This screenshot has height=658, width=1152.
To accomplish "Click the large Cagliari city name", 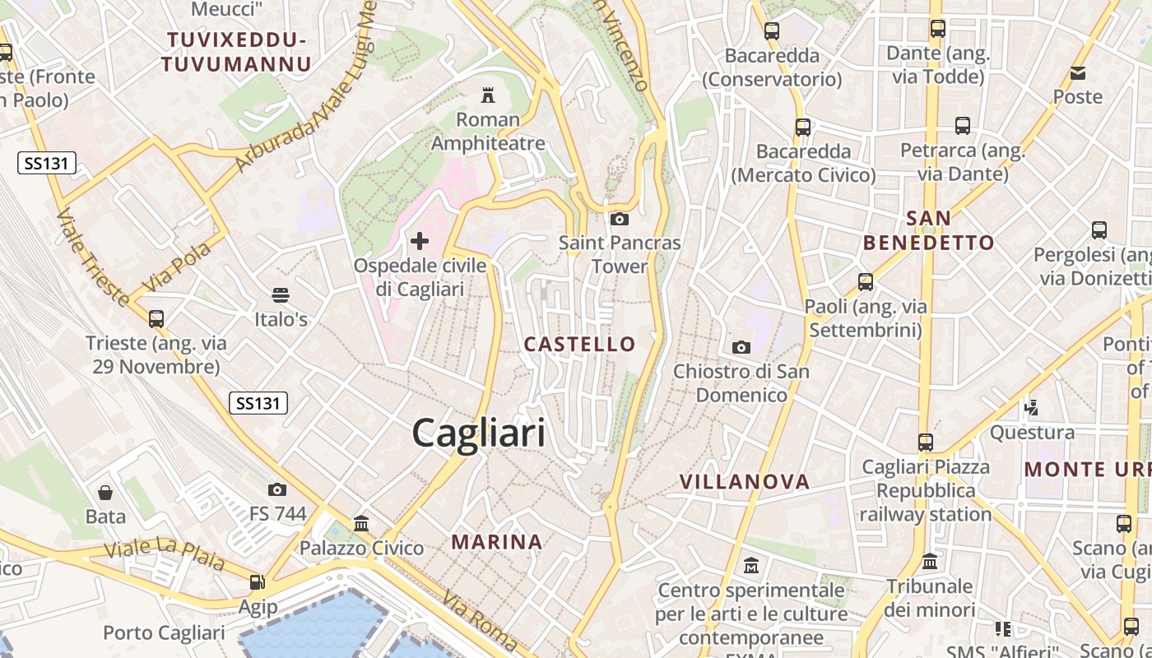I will coord(478,433).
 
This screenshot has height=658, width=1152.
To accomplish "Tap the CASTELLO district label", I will coord(580,345).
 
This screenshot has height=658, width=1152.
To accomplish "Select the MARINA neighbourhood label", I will coord(497,542).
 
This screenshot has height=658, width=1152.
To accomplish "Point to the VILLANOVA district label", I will coord(745,482).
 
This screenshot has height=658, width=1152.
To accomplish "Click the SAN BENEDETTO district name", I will coord(929,230).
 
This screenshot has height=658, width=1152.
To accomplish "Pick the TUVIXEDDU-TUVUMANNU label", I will coord(236,52).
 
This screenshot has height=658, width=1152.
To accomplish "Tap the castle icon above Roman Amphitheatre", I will coord(488,95).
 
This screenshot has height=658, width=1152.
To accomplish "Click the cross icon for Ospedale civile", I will coord(420,241).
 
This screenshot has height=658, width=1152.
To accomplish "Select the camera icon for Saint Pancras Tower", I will coord(620,219).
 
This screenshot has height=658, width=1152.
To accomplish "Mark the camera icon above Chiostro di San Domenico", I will coord(741,347).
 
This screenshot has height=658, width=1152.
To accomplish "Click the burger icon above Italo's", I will coord(281,294).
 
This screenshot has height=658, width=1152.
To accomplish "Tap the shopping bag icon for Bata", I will coord(105,493).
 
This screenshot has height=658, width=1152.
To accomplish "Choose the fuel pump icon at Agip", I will coord(258,582).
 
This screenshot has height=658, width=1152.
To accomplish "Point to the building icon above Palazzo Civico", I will coord(361,523).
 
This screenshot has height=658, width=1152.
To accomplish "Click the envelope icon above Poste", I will coord(1078,73).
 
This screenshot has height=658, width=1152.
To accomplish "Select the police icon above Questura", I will coord(1031,407).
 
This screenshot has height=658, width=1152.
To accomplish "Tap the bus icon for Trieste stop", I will coord(156,318).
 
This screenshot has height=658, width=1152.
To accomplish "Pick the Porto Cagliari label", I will coord(164,633).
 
